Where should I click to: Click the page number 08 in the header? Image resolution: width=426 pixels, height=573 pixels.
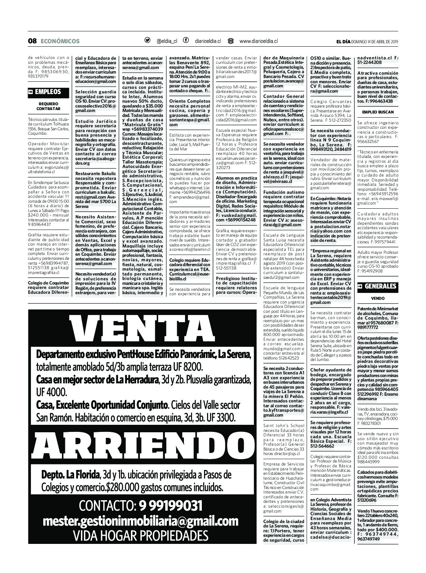point(32,41)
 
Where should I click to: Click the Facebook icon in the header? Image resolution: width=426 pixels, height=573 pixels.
point(185,41)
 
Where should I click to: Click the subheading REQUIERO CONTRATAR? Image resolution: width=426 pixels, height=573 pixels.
point(48,106)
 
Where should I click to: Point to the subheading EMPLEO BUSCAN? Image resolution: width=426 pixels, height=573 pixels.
point(378,112)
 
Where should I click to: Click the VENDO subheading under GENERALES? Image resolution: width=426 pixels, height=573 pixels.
point(378,299)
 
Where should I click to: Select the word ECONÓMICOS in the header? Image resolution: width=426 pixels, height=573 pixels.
point(60,41)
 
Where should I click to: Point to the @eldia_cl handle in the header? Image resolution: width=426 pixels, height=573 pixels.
point(167,41)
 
